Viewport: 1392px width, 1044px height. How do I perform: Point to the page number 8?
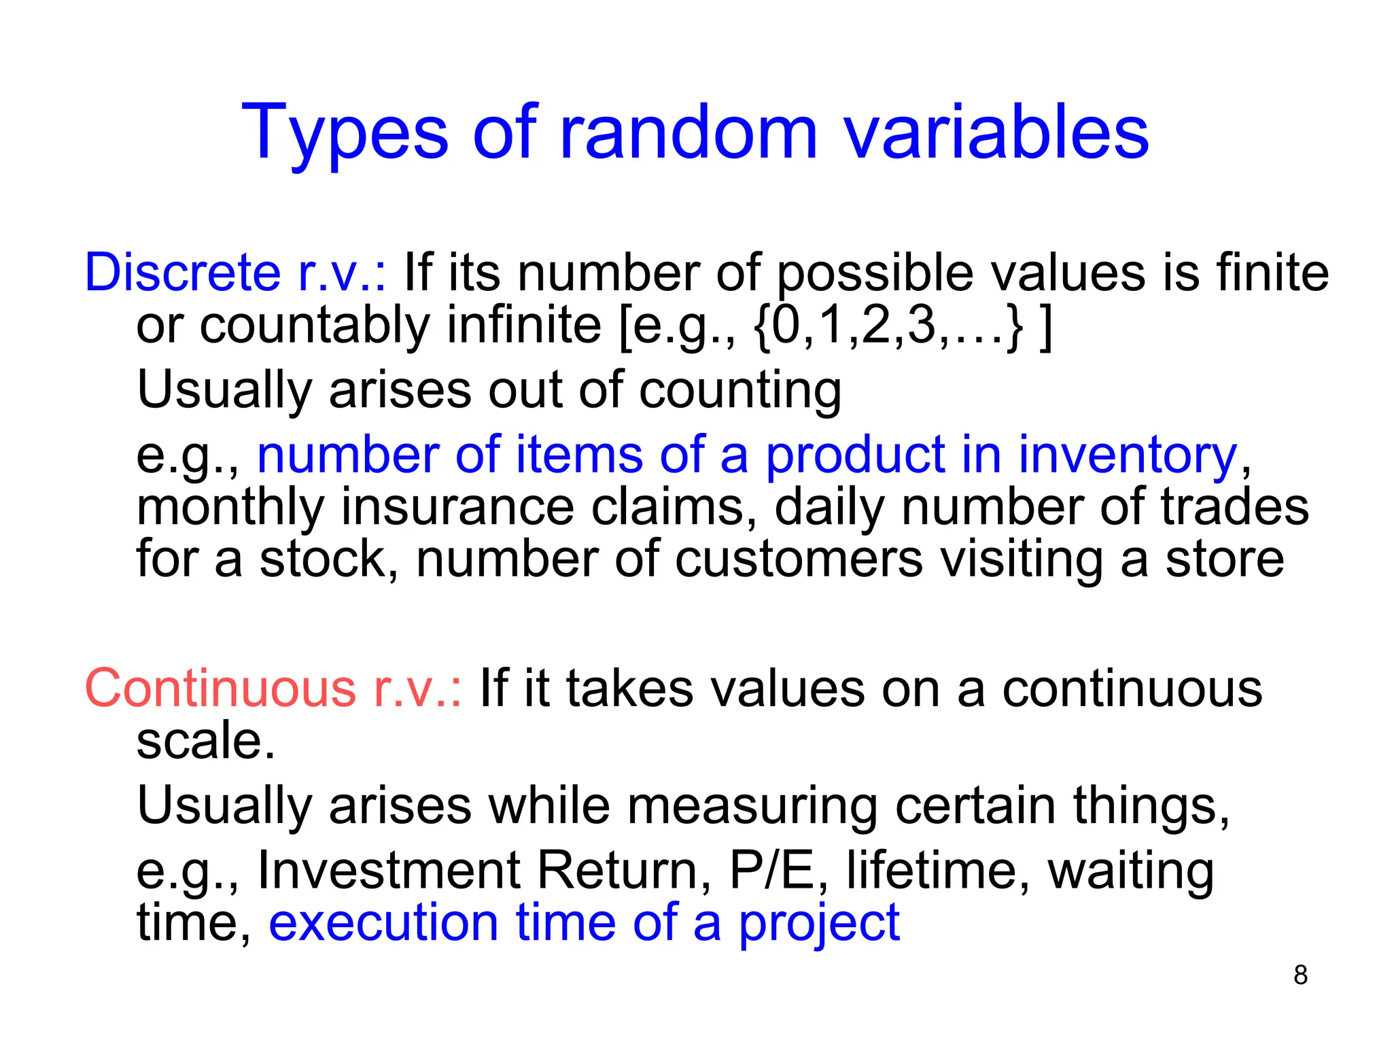click(x=1300, y=975)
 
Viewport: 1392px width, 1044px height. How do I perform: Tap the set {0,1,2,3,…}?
click(x=888, y=326)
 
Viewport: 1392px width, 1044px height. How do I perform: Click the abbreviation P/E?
click(x=771, y=871)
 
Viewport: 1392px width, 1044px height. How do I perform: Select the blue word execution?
click(x=384, y=922)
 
